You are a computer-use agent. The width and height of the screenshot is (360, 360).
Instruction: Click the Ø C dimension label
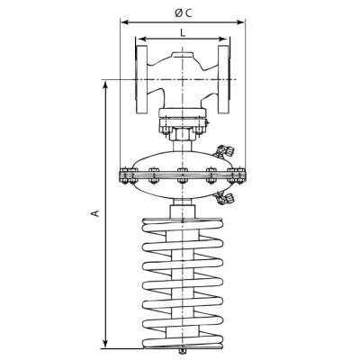tap(183, 13)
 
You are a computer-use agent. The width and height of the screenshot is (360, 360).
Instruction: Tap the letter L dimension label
tap(183, 32)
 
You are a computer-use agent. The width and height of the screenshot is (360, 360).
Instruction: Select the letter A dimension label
tap(95, 213)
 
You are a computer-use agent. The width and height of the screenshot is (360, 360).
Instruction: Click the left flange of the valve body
tap(141, 79)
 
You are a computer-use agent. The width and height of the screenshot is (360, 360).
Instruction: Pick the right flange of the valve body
tap(224, 79)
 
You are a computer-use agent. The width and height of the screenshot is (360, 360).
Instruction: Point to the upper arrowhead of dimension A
tap(105, 85)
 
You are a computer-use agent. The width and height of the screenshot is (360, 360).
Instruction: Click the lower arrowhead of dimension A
tap(105, 343)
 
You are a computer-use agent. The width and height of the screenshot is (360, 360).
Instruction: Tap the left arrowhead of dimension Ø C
tap(125, 22)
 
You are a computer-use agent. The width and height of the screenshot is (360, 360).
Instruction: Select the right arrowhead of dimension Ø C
tap(240, 22)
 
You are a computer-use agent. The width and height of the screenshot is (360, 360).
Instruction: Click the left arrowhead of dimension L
tap(140, 39)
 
